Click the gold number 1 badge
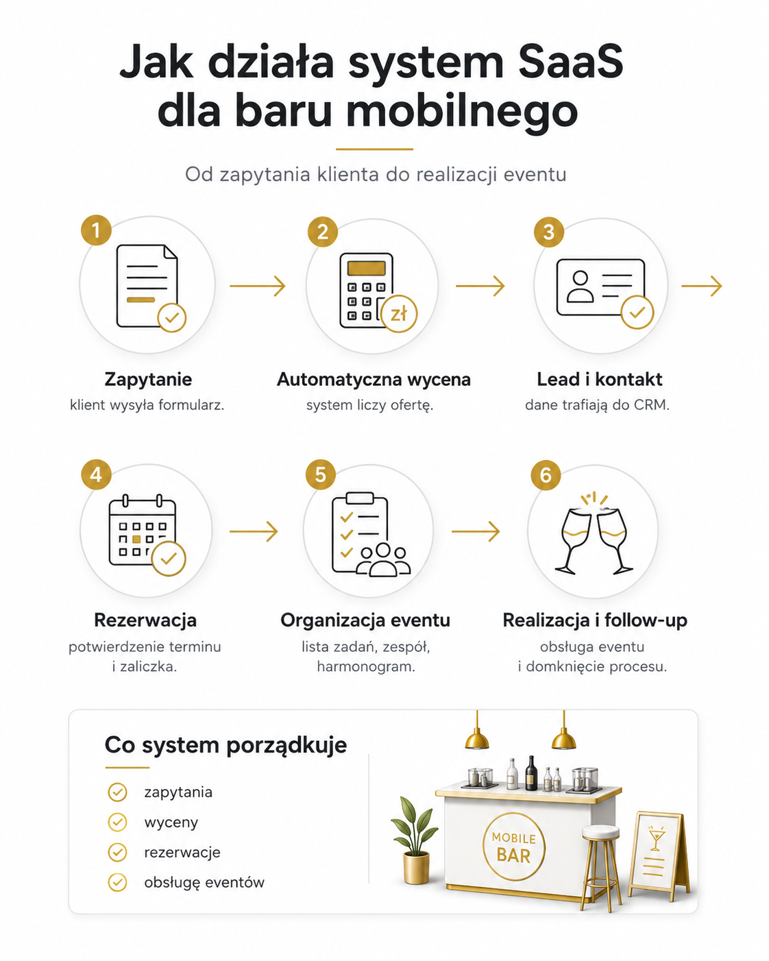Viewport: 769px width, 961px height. tap(96, 230)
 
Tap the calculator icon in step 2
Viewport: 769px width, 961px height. tap(367, 290)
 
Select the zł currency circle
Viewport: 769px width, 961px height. tap(399, 314)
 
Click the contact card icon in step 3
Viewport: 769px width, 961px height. tap(600, 288)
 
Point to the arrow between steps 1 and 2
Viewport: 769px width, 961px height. tap(257, 286)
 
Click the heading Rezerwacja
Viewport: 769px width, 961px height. tap(145, 620)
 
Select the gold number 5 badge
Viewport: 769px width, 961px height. tap(321, 475)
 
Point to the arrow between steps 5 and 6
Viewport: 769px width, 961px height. tap(476, 531)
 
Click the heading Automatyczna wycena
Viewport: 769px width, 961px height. tap(374, 380)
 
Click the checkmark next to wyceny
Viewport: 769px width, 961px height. tap(117, 822)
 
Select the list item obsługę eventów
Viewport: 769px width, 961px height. tap(204, 882)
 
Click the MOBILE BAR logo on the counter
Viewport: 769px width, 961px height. tap(513, 847)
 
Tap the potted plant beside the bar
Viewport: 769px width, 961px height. tap(415, 840)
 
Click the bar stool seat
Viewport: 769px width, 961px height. tap(600, 831)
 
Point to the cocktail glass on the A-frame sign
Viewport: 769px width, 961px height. tap(657, 838)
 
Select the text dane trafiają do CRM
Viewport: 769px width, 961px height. tap(598, 405)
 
